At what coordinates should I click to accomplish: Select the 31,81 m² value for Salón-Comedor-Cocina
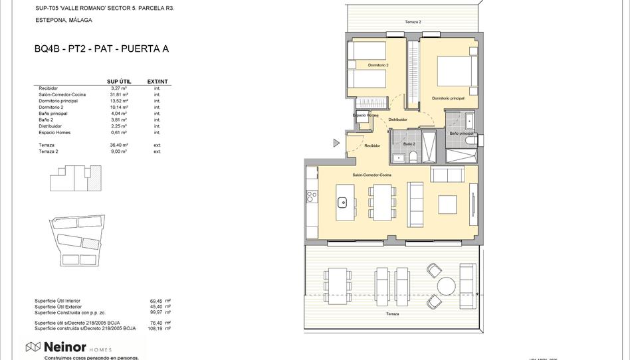[x=120, y=94]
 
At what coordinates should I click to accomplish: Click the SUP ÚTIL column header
[x=119, y=82]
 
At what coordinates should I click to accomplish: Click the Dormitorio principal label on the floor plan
[x=448, y=98]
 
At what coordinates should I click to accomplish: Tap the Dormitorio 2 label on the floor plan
[x=378, y=65]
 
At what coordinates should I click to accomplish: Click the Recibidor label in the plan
[x=372, y=145]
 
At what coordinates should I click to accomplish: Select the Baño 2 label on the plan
[x=409, y=143]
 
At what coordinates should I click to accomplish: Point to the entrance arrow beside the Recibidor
[x=337, y=143]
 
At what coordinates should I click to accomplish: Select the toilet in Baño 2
[x=413, y=157]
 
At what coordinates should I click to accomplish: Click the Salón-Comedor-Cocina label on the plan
[x=371, y=175]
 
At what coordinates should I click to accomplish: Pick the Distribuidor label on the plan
[x=397, y=120]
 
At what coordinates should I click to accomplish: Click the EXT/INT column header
[x=157, y=82]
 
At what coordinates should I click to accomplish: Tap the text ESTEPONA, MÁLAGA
[x=64, y=21]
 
